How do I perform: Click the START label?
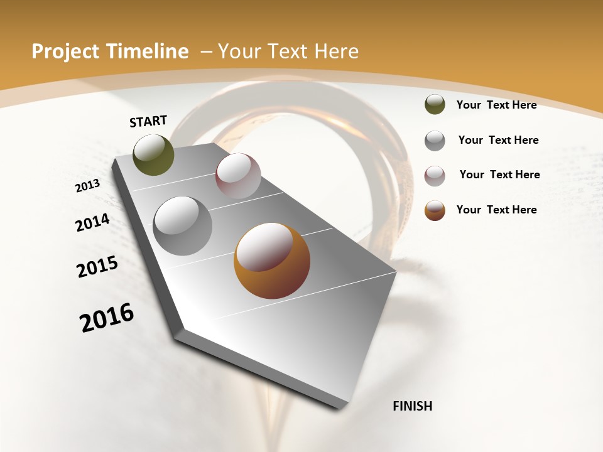coord(148,121)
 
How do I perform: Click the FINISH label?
coord(413,406)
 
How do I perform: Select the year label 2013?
coord(88,185)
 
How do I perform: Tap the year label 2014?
coord(93,222)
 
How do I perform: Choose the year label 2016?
coord(107,318)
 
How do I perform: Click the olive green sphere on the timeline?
coord(154,154)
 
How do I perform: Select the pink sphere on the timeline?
coord(238,176)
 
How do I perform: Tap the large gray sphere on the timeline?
coord(183,225)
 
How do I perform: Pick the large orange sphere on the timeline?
coord(272,261)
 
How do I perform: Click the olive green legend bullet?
coord(435,105)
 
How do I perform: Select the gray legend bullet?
coord(435,141)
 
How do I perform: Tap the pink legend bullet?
coord(435,176)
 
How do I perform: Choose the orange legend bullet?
coord(435,210)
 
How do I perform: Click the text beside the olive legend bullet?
coord(496,105)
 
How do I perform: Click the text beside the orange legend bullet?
coord(496,210)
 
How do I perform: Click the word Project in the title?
coord(65,51)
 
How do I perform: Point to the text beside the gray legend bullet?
coord(498,140)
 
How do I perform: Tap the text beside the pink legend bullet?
coord(499,175)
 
